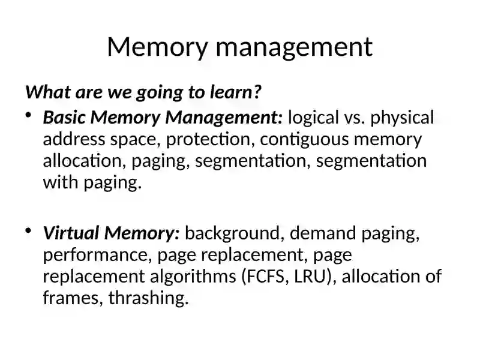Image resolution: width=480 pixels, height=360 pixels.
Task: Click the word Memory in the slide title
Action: point(157,47)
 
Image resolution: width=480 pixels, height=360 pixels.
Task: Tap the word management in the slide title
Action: point(295,48)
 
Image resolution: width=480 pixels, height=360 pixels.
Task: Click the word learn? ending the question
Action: point(235,92)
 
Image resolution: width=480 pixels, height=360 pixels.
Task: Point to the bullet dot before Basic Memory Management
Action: point(28,115)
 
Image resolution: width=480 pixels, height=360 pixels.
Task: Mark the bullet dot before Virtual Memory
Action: point(28,230)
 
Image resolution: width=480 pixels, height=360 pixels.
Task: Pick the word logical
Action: point(313,118)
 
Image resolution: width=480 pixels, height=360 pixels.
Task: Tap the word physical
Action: point(402,118)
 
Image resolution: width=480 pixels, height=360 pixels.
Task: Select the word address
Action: point(74,139)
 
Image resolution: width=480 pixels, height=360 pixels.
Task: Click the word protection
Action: point(211,140)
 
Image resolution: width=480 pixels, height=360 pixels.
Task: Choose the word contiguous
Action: point(304,140)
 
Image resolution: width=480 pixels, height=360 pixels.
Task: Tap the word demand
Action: point(323,233)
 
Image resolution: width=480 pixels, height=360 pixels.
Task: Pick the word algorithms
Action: point(193,277)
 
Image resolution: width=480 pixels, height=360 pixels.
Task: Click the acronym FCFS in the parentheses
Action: point(265,277)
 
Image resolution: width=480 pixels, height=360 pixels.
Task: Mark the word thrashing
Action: point(148,298)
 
